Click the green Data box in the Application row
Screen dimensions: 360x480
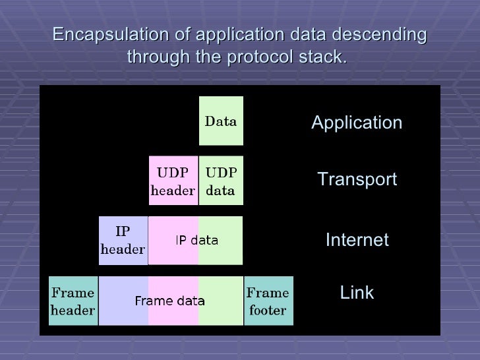pyautogui.click(x=221, y=121)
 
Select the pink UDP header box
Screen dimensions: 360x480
pyautogui.click(x=173, y=181)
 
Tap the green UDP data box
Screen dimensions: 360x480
pyautogui.click(x=221, y=181)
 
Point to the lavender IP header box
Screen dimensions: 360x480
pyautogui.click(x=123, y=241)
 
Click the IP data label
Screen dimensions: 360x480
pyautogui.click(x=196, y=241)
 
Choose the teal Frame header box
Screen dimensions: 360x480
pyautogui.click(x=73, y=301)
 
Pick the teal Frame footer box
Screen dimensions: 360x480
pyautogui.click(x=268, y=301)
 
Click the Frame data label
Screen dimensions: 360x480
pyautogui.click(x=169, y=301)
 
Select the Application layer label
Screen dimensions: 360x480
pyautogui.click(x=357, y=123)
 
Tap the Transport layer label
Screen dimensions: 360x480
pyautogui.click(x=357, y=179)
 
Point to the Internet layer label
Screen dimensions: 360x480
pyautogui.click(x=357, y=240)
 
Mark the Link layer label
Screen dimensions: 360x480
pyautogui.click(x=357, y=293)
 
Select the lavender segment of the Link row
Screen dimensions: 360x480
pyautogui.click(x=123, y=301)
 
